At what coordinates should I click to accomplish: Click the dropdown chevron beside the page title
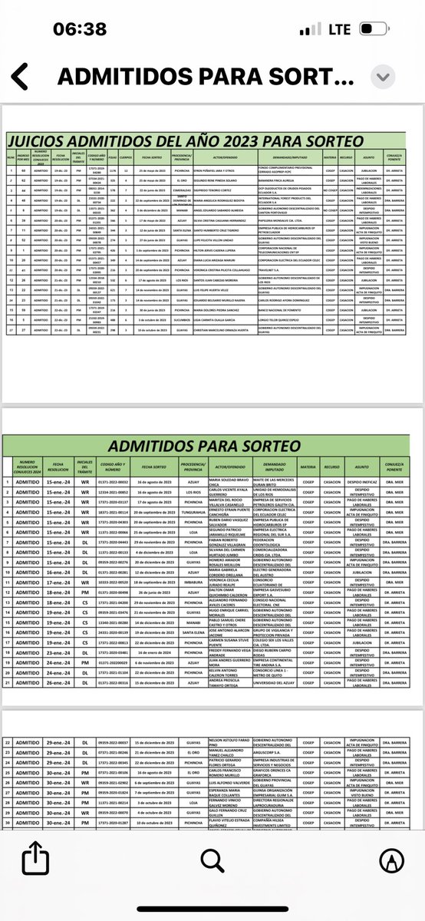point(382,78)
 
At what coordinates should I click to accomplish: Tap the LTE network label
point(340,30)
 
